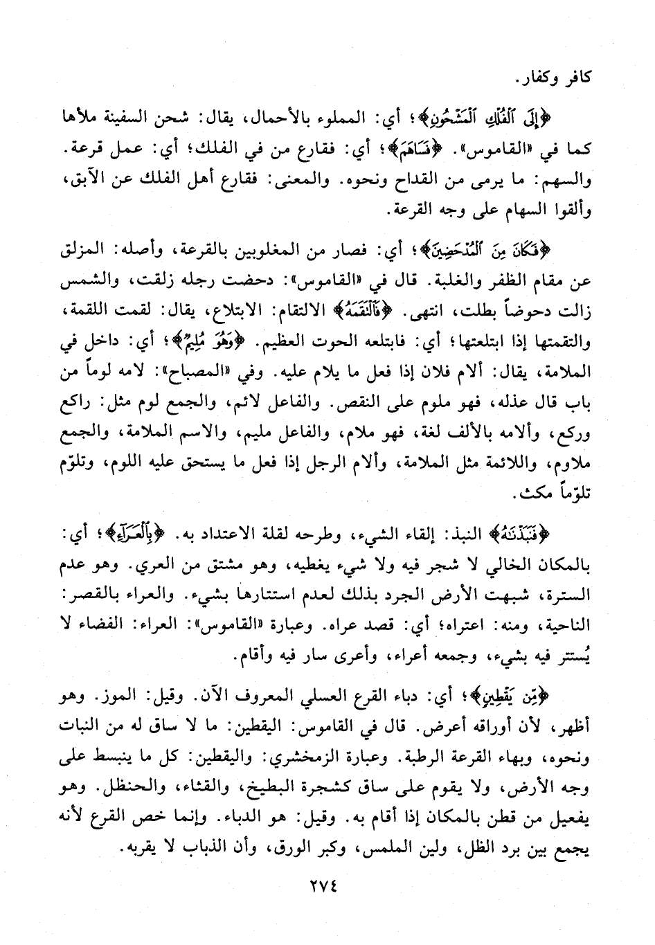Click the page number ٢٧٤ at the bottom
point(327,886)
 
